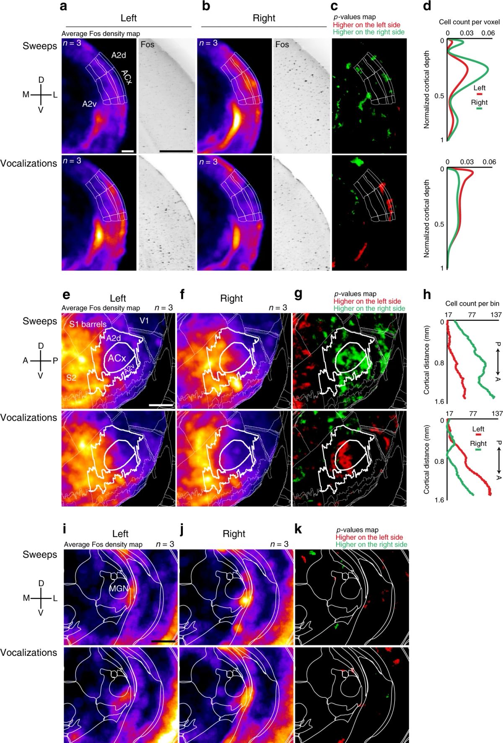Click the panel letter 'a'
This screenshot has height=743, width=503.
point(63,6)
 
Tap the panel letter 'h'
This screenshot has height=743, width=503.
point(427,295)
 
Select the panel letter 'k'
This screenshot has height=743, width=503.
point(298,529)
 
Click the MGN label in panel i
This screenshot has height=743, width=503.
point(119,588)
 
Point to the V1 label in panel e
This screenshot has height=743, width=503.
point(144,321)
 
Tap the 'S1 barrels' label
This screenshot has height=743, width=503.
point(88,324)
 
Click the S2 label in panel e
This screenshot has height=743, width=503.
point(71,378)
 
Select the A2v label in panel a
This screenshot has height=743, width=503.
point(89,104)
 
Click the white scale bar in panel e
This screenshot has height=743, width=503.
point(161,405)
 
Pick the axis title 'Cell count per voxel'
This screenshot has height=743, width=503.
point(469,22)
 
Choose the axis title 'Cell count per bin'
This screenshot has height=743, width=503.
point(472,303)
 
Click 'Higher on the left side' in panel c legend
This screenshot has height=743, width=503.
point(366,25)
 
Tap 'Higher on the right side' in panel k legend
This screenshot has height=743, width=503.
point(371,544)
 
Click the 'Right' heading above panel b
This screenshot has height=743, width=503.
point(264,18)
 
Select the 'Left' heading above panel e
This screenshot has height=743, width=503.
point(118,298)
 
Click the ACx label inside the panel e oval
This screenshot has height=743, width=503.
point(117,358)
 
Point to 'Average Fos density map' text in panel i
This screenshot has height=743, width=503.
point(103,544)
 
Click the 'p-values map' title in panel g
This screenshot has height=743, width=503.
point(355,294)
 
